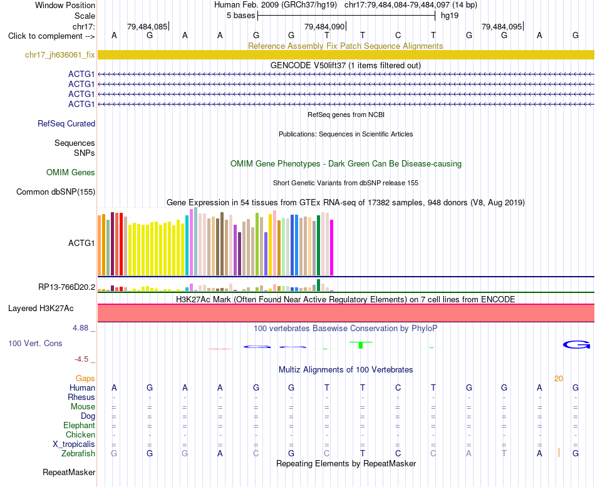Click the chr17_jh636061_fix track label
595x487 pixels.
59,55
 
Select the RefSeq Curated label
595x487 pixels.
66,124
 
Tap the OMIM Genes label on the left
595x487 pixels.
71,173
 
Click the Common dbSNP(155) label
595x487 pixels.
56,192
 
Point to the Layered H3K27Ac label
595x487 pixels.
41,309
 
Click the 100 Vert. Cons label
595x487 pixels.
35,343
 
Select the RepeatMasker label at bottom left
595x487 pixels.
69,472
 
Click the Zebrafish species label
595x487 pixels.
78,454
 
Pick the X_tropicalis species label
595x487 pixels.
74,444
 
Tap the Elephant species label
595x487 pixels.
80,426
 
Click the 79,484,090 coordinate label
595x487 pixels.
324,27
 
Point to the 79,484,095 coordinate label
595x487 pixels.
502,27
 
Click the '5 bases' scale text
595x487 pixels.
241,16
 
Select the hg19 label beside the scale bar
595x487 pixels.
450,16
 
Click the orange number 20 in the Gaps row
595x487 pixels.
559,379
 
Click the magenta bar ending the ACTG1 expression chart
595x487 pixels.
332,248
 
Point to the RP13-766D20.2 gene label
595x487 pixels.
67,287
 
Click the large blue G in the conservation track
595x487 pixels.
576,344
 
